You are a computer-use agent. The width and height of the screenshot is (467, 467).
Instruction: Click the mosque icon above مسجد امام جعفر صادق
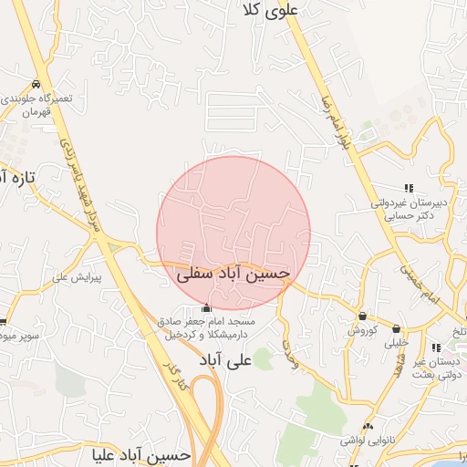pyautogui.click(x=208, y=307)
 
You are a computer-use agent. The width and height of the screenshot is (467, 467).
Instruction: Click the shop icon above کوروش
pyautogui.click(x=362, y=316)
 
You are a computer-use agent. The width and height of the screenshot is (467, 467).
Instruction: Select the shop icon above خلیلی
pyautogui.click(x=396, y=328)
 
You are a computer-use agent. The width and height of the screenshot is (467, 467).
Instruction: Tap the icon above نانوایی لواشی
pyautogui.click(x=368, y=426)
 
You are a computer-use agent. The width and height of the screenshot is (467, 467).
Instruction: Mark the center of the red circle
pyautogui.click(x=233, y=233)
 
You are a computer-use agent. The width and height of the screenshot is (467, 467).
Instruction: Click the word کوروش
pyautogui.click(x=362, y=330)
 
